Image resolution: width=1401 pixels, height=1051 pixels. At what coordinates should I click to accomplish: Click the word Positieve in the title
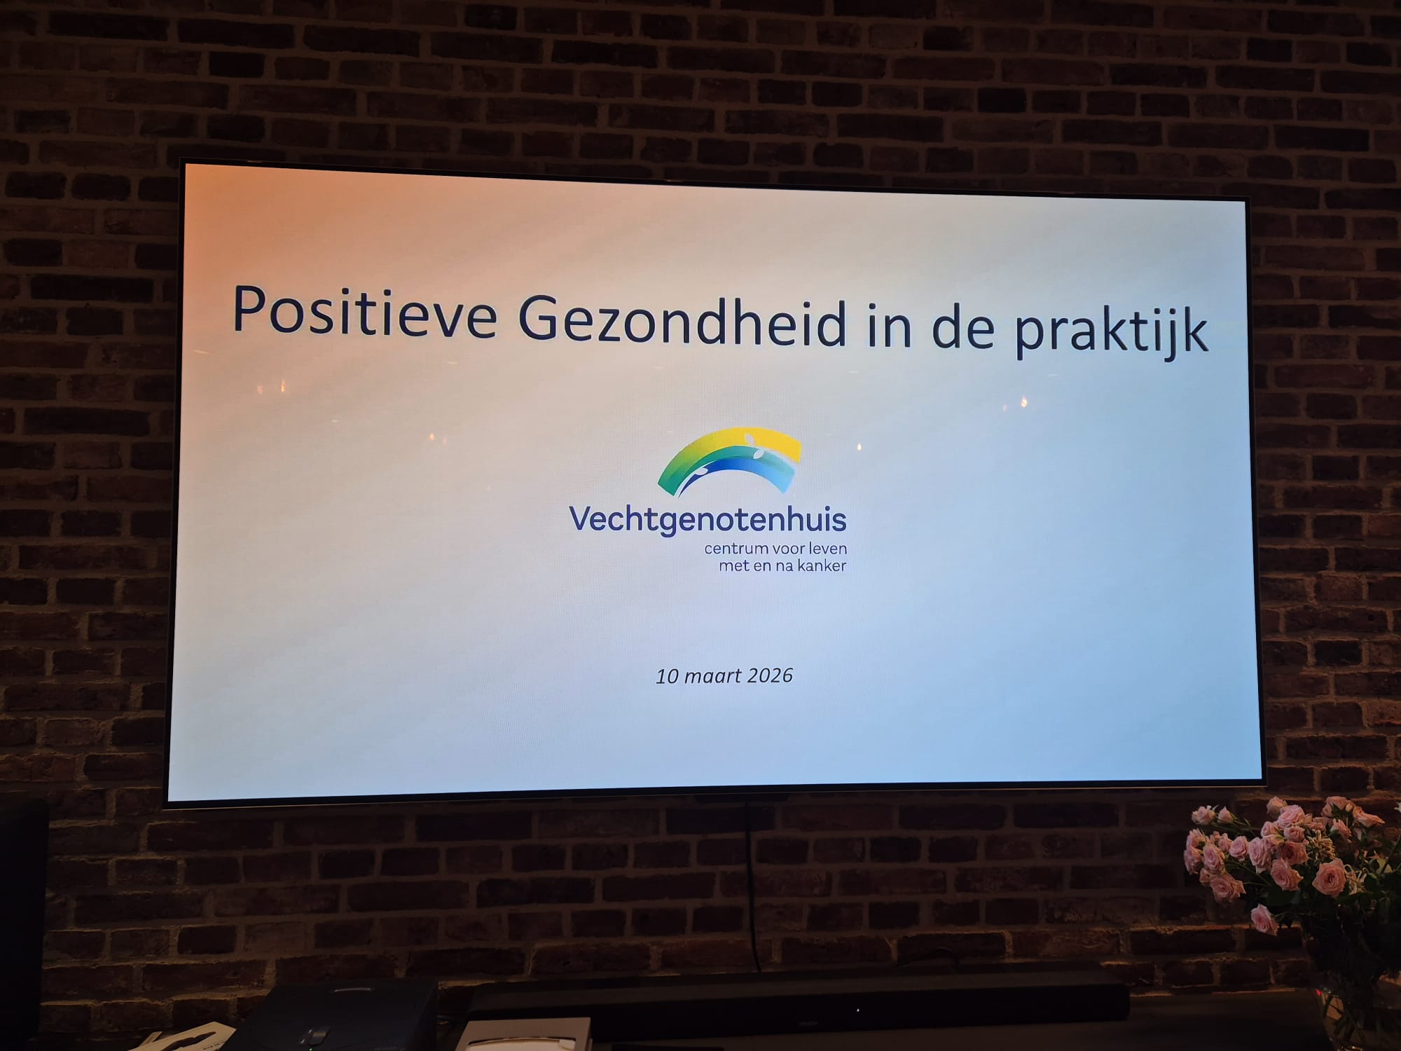click(364, 312)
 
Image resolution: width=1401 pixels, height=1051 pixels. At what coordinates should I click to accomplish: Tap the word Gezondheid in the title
click(682, 321)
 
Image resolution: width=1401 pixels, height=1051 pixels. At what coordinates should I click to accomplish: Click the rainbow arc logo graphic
click(729, 459)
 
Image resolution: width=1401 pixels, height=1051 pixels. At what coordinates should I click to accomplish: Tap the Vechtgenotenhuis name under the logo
click(708, 521)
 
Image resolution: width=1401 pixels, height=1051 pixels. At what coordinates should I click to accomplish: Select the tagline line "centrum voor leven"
click(775, 549)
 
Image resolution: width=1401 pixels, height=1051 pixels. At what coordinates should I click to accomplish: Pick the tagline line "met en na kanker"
click(782, 565)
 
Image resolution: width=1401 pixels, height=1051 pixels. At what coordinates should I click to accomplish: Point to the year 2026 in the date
click(770, 675)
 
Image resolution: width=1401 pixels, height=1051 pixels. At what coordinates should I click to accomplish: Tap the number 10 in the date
click(667, 675)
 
